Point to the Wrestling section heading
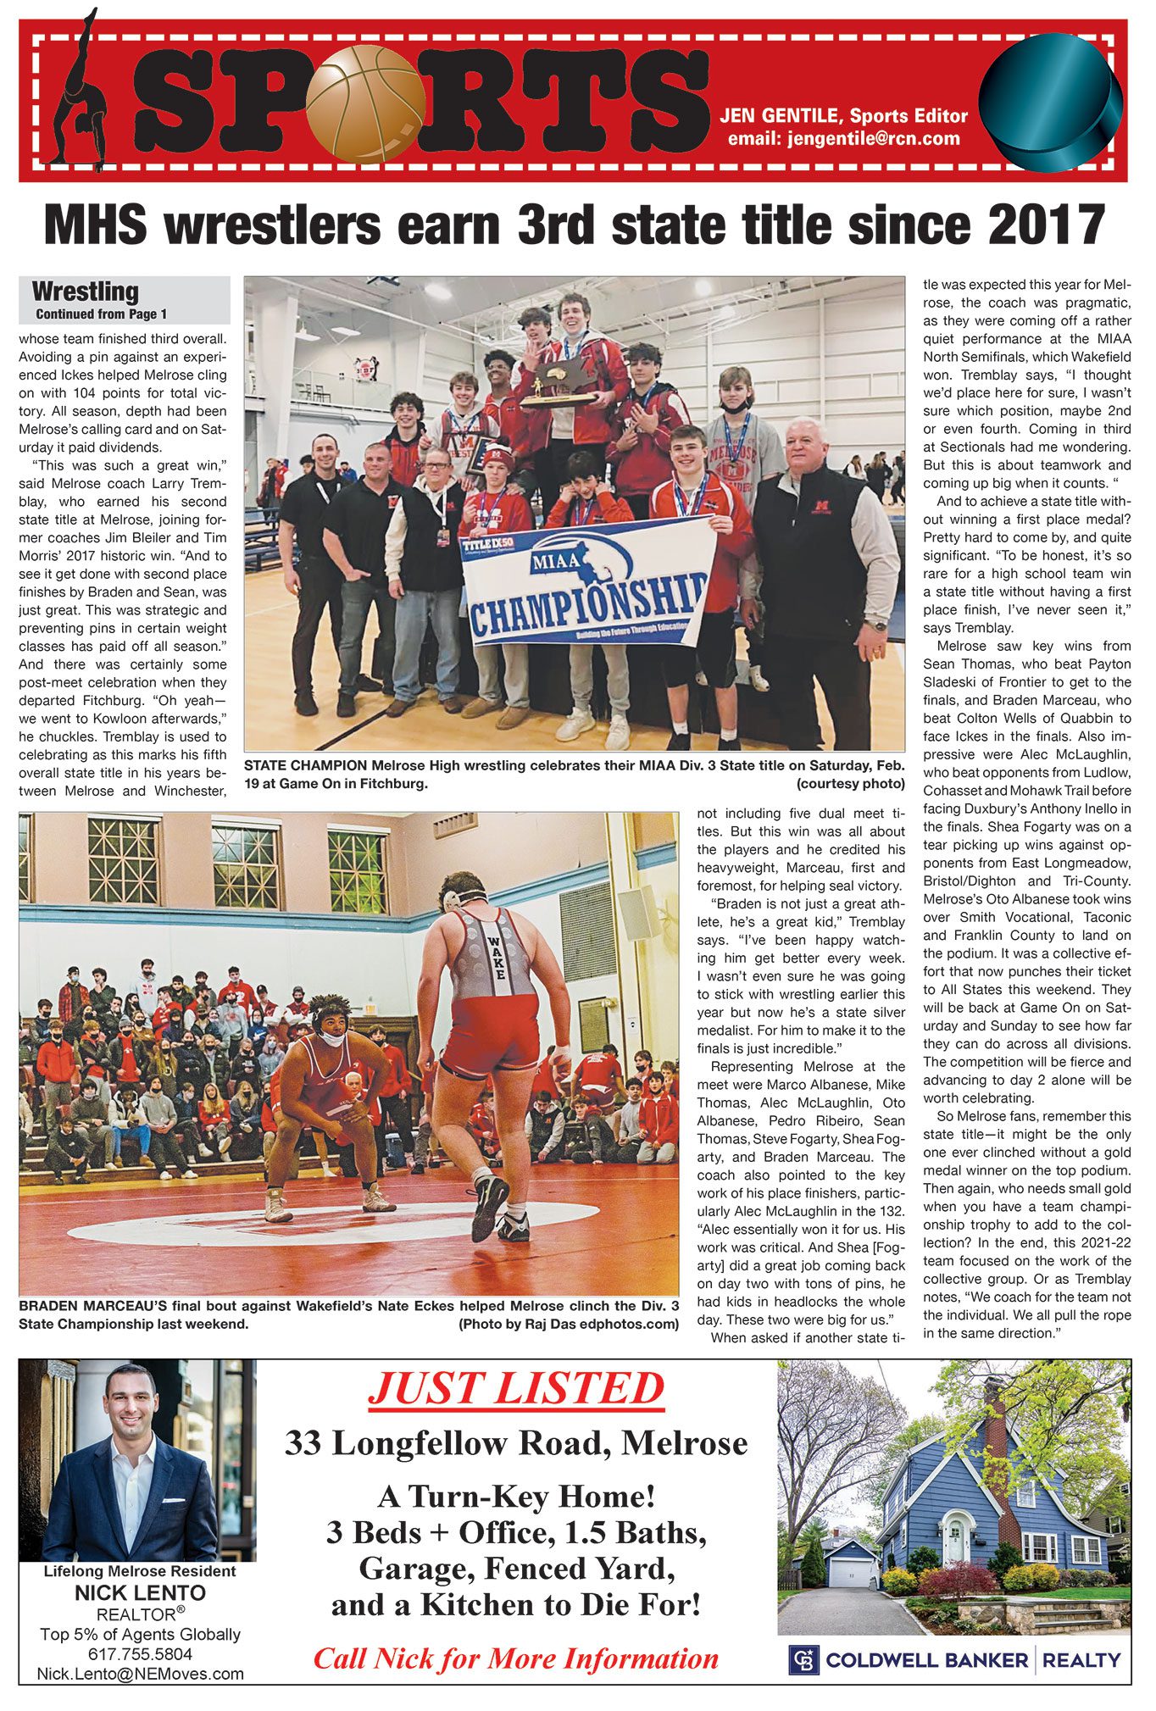click(x=85, y=292)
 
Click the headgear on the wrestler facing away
click(x=462, y=891)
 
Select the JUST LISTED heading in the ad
click(x=516, y=1389)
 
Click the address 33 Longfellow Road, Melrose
click(x=516, y=1442)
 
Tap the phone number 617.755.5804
click(x=140, y=1653)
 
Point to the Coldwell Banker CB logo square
click(x=803, y=1659)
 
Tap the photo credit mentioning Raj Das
click(x=568, y=1324)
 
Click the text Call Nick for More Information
click(x=516, y=1658)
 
